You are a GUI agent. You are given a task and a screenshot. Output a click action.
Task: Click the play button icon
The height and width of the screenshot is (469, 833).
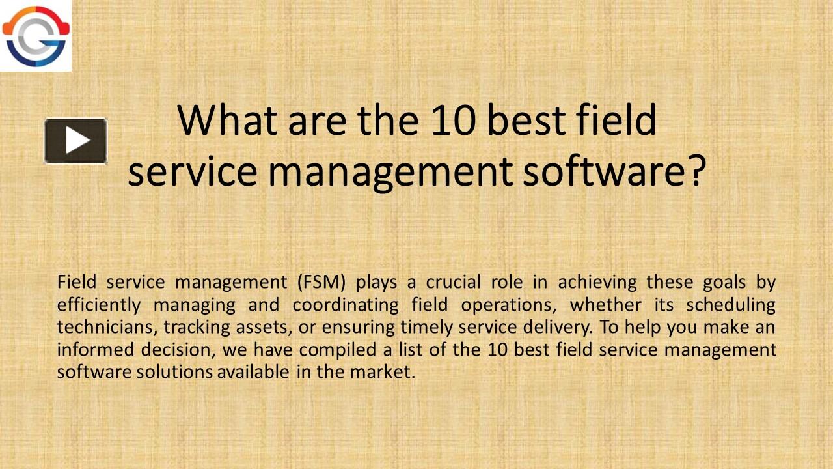(x=75, y=140)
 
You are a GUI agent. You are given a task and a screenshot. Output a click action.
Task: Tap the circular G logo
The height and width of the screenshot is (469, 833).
(x=35, y=36)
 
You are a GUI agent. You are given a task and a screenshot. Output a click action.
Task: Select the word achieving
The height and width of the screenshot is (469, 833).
(x=597, y=283)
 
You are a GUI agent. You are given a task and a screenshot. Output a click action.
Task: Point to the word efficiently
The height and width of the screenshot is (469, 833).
(x=99, y=305)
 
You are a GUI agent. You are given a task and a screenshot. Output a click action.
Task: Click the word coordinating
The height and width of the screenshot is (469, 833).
(x=344, y=305)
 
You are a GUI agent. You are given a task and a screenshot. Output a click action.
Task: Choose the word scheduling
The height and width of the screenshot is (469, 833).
(x=731, y=305)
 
